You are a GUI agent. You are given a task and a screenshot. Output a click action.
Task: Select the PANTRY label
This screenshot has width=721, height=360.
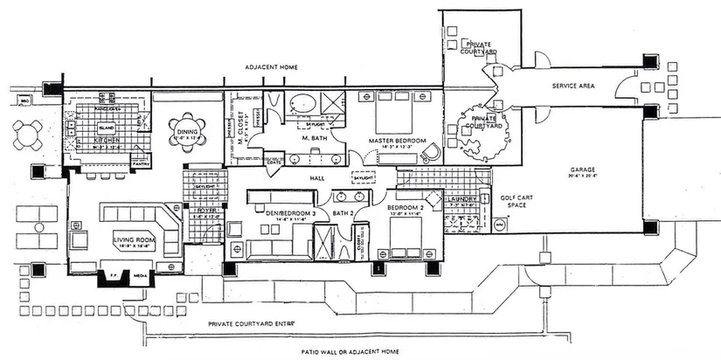142,163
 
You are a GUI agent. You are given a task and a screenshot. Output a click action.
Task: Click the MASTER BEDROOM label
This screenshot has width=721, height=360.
397,140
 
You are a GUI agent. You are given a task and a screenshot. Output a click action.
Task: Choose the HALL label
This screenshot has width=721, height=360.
315,179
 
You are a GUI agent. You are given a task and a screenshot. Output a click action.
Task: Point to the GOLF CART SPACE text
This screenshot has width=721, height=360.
511,201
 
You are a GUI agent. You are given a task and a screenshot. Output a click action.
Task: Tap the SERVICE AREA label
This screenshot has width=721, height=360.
573,87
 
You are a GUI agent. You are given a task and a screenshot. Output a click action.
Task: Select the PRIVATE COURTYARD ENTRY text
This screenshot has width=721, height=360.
251,323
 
